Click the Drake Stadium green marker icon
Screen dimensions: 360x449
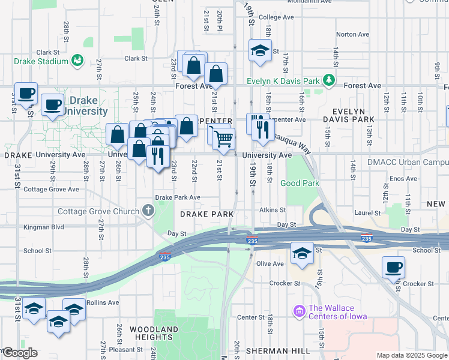coord(77,61)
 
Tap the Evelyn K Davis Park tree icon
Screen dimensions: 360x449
coord(328,80)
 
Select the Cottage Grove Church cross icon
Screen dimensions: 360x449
coord(148,211)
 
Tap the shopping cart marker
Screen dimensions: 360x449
coord(223,139)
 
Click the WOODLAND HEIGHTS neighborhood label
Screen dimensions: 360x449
coord(154,334)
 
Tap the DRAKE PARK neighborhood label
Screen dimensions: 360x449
coord(205,214)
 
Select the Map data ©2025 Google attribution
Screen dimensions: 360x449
coord(412,355)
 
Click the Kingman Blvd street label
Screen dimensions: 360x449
coord(44,227)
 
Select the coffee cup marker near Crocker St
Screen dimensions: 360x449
coord(393,267)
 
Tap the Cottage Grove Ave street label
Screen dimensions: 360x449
coord(51,189)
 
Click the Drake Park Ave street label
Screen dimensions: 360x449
coord(177,197)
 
